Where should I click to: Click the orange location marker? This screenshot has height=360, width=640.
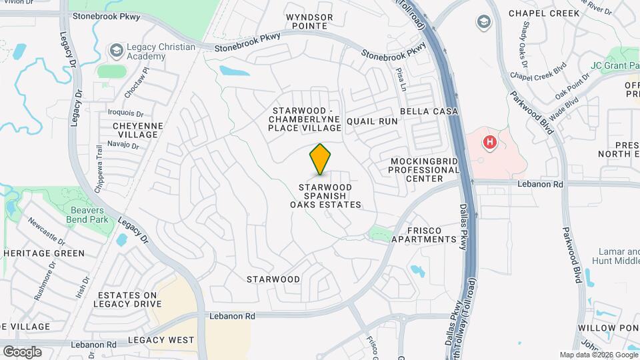tap(320, 159)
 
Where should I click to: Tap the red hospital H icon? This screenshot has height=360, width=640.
tap(490, 142)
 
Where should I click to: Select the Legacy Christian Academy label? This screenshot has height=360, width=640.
tap(162, 51)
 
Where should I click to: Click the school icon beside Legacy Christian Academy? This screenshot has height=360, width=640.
tap(117, 51)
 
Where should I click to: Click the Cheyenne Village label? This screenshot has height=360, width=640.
tap(135, 129)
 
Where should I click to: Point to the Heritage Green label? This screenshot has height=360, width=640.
tap(44, 253)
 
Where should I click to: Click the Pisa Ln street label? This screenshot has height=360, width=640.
tap(401, 79)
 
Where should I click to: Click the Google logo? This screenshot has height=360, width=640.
tap(22, 351)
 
